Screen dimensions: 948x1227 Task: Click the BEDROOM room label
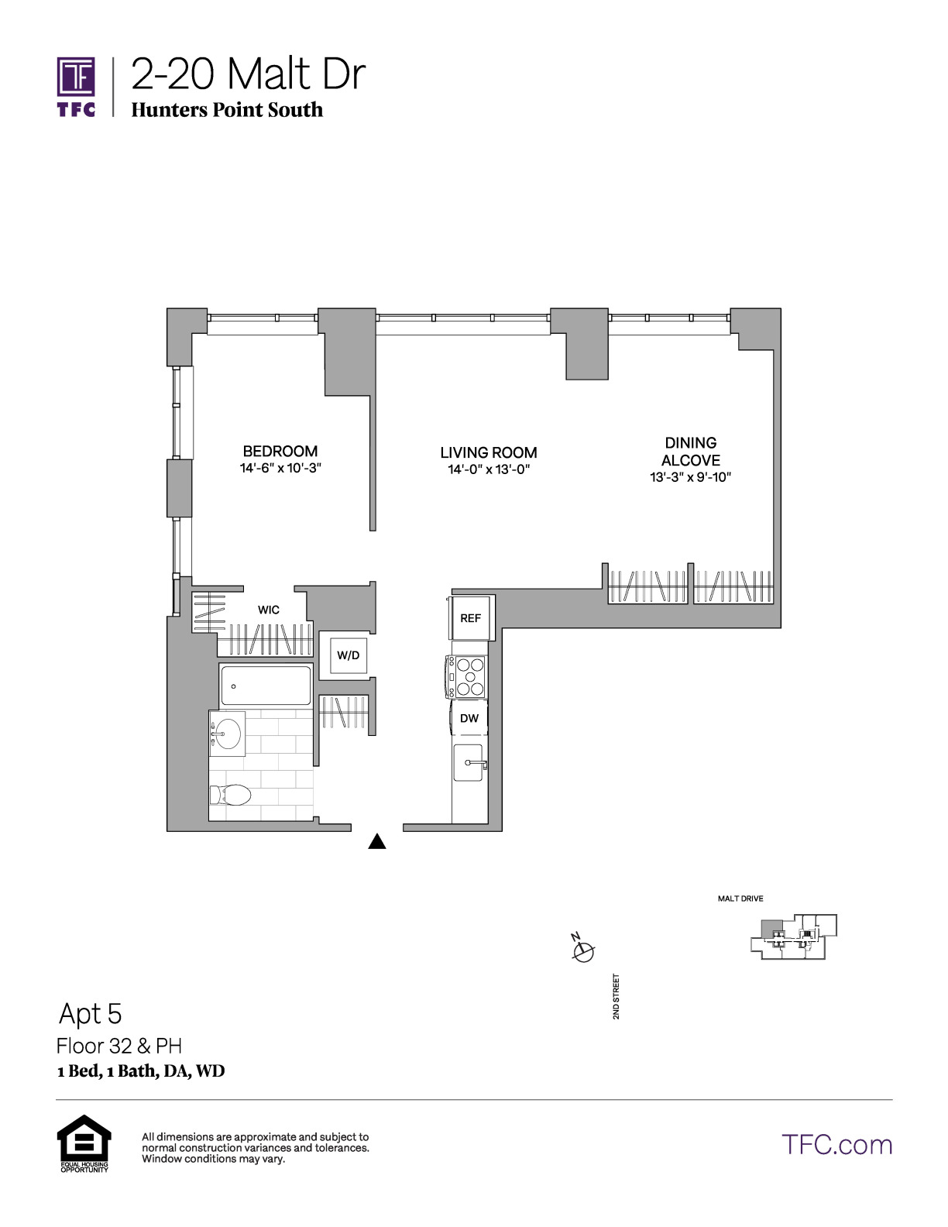click(280, 451)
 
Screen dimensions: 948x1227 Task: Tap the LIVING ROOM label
click(489, 452)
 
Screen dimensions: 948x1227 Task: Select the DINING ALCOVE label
click(691, 451)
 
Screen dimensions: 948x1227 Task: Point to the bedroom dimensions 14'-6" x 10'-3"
click(280, 468)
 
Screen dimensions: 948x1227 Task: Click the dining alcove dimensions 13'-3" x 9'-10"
click(691, 477)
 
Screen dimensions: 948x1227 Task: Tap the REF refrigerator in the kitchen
click(470, 617)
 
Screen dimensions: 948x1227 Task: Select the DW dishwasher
click(469, 717)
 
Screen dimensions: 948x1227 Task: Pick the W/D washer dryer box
click(349, 655)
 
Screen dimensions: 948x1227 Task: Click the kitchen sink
click(469, 763)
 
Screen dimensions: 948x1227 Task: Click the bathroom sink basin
click(228, 734)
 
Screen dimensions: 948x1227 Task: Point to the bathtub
click(266, 686)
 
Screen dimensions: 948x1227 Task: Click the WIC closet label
click(268, 610)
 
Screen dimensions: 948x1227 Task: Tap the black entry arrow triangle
click(377, 841)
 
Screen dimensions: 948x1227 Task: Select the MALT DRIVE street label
click(740, 899)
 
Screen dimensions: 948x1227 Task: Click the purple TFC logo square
click(76, 77)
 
